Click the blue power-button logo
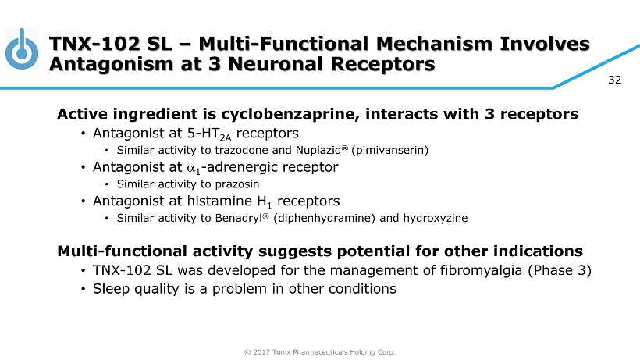(22, 48)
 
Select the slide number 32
(614, 80)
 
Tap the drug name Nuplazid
(318, 150)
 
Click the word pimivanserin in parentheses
(389, 150)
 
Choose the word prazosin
(237, 184)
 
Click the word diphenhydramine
(324, 218)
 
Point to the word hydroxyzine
(436, 218)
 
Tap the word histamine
(219, 201)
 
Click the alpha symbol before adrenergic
(191, 168)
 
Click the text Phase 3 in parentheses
(560, 270)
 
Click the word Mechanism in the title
(434, 44)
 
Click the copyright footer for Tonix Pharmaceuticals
(319, 352)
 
